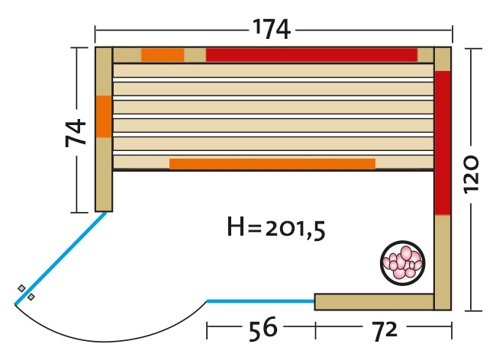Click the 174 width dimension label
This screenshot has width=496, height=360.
point(272,29)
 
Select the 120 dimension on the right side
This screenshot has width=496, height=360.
point(471,174)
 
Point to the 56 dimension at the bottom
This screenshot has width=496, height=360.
point(262,329)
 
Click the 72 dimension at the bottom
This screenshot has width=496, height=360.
point(385,330)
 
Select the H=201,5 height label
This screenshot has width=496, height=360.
point(276,227)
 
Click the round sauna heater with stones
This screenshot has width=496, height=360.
point(402,263)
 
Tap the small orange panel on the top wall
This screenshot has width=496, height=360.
point(163,55)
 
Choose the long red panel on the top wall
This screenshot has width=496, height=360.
point(311,55)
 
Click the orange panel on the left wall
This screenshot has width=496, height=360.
point(104,117)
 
